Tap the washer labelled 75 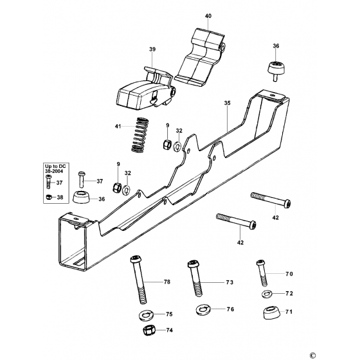(145, 316)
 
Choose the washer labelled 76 (203, 310)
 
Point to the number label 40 (208, 15)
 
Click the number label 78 (166, 282)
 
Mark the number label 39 (152, 49)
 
